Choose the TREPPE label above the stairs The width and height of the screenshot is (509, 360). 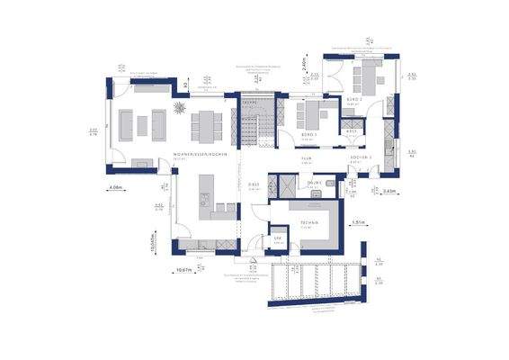coord(251,103)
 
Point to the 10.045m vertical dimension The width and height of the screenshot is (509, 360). coord(154,241)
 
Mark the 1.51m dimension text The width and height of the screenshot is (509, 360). coord(358,221)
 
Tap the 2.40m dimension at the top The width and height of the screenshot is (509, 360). coord(305,63)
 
